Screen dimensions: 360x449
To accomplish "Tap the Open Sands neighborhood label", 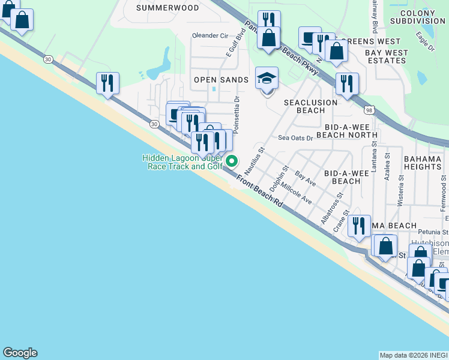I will click(x=221, y=80).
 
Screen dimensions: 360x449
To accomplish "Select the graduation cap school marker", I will click(x=267, y=79).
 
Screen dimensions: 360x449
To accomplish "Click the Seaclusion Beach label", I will click(x=311, y=106).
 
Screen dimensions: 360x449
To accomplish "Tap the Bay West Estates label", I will click(x=387, y=57).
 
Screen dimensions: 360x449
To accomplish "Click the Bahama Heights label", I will click(x=423, y=162).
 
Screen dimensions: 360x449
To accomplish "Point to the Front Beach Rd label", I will click(x=259, y=192).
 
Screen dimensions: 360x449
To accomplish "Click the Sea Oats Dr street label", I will click(x=295, y=137).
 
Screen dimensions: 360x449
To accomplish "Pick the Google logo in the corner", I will click(x=20, y=353).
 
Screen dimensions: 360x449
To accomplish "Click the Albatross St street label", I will click(x=331, y=208).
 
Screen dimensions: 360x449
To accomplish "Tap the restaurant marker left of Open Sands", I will click(x=107, y=83).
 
